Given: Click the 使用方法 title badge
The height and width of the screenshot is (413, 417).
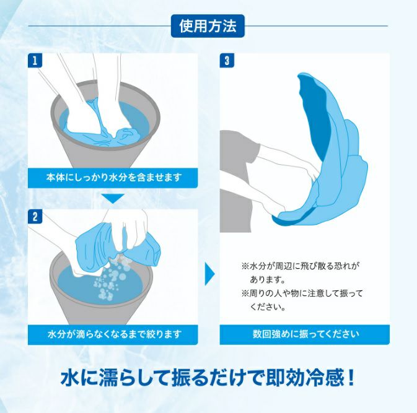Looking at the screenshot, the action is pos(208,26).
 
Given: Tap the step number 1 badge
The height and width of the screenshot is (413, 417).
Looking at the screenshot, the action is pos(35,61).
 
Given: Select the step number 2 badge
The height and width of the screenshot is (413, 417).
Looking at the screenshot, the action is pos(35,217).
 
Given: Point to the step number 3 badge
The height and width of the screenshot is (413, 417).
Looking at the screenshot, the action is pos(227,61).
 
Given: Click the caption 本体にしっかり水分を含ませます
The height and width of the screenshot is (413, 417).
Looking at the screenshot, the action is pos(114,177).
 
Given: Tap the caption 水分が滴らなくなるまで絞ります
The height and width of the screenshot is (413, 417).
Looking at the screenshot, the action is pos(115,334).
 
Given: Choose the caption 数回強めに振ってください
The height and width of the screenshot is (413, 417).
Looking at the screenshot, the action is pos(306,334).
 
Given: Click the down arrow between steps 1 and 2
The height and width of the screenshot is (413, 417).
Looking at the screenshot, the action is pos(113,198).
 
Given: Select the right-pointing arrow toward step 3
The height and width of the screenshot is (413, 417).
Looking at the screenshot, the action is pos(209,274).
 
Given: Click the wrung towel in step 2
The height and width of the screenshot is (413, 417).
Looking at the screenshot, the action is pos(117,247).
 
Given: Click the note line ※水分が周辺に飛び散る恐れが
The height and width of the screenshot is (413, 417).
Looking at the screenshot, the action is pos(301,266).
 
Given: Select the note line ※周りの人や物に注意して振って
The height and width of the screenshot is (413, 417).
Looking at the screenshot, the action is pos(302,293).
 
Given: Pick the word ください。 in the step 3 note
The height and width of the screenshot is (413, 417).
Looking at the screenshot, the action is pos(268,307).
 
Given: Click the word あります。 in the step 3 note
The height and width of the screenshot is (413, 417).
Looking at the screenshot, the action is pos(268,280).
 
